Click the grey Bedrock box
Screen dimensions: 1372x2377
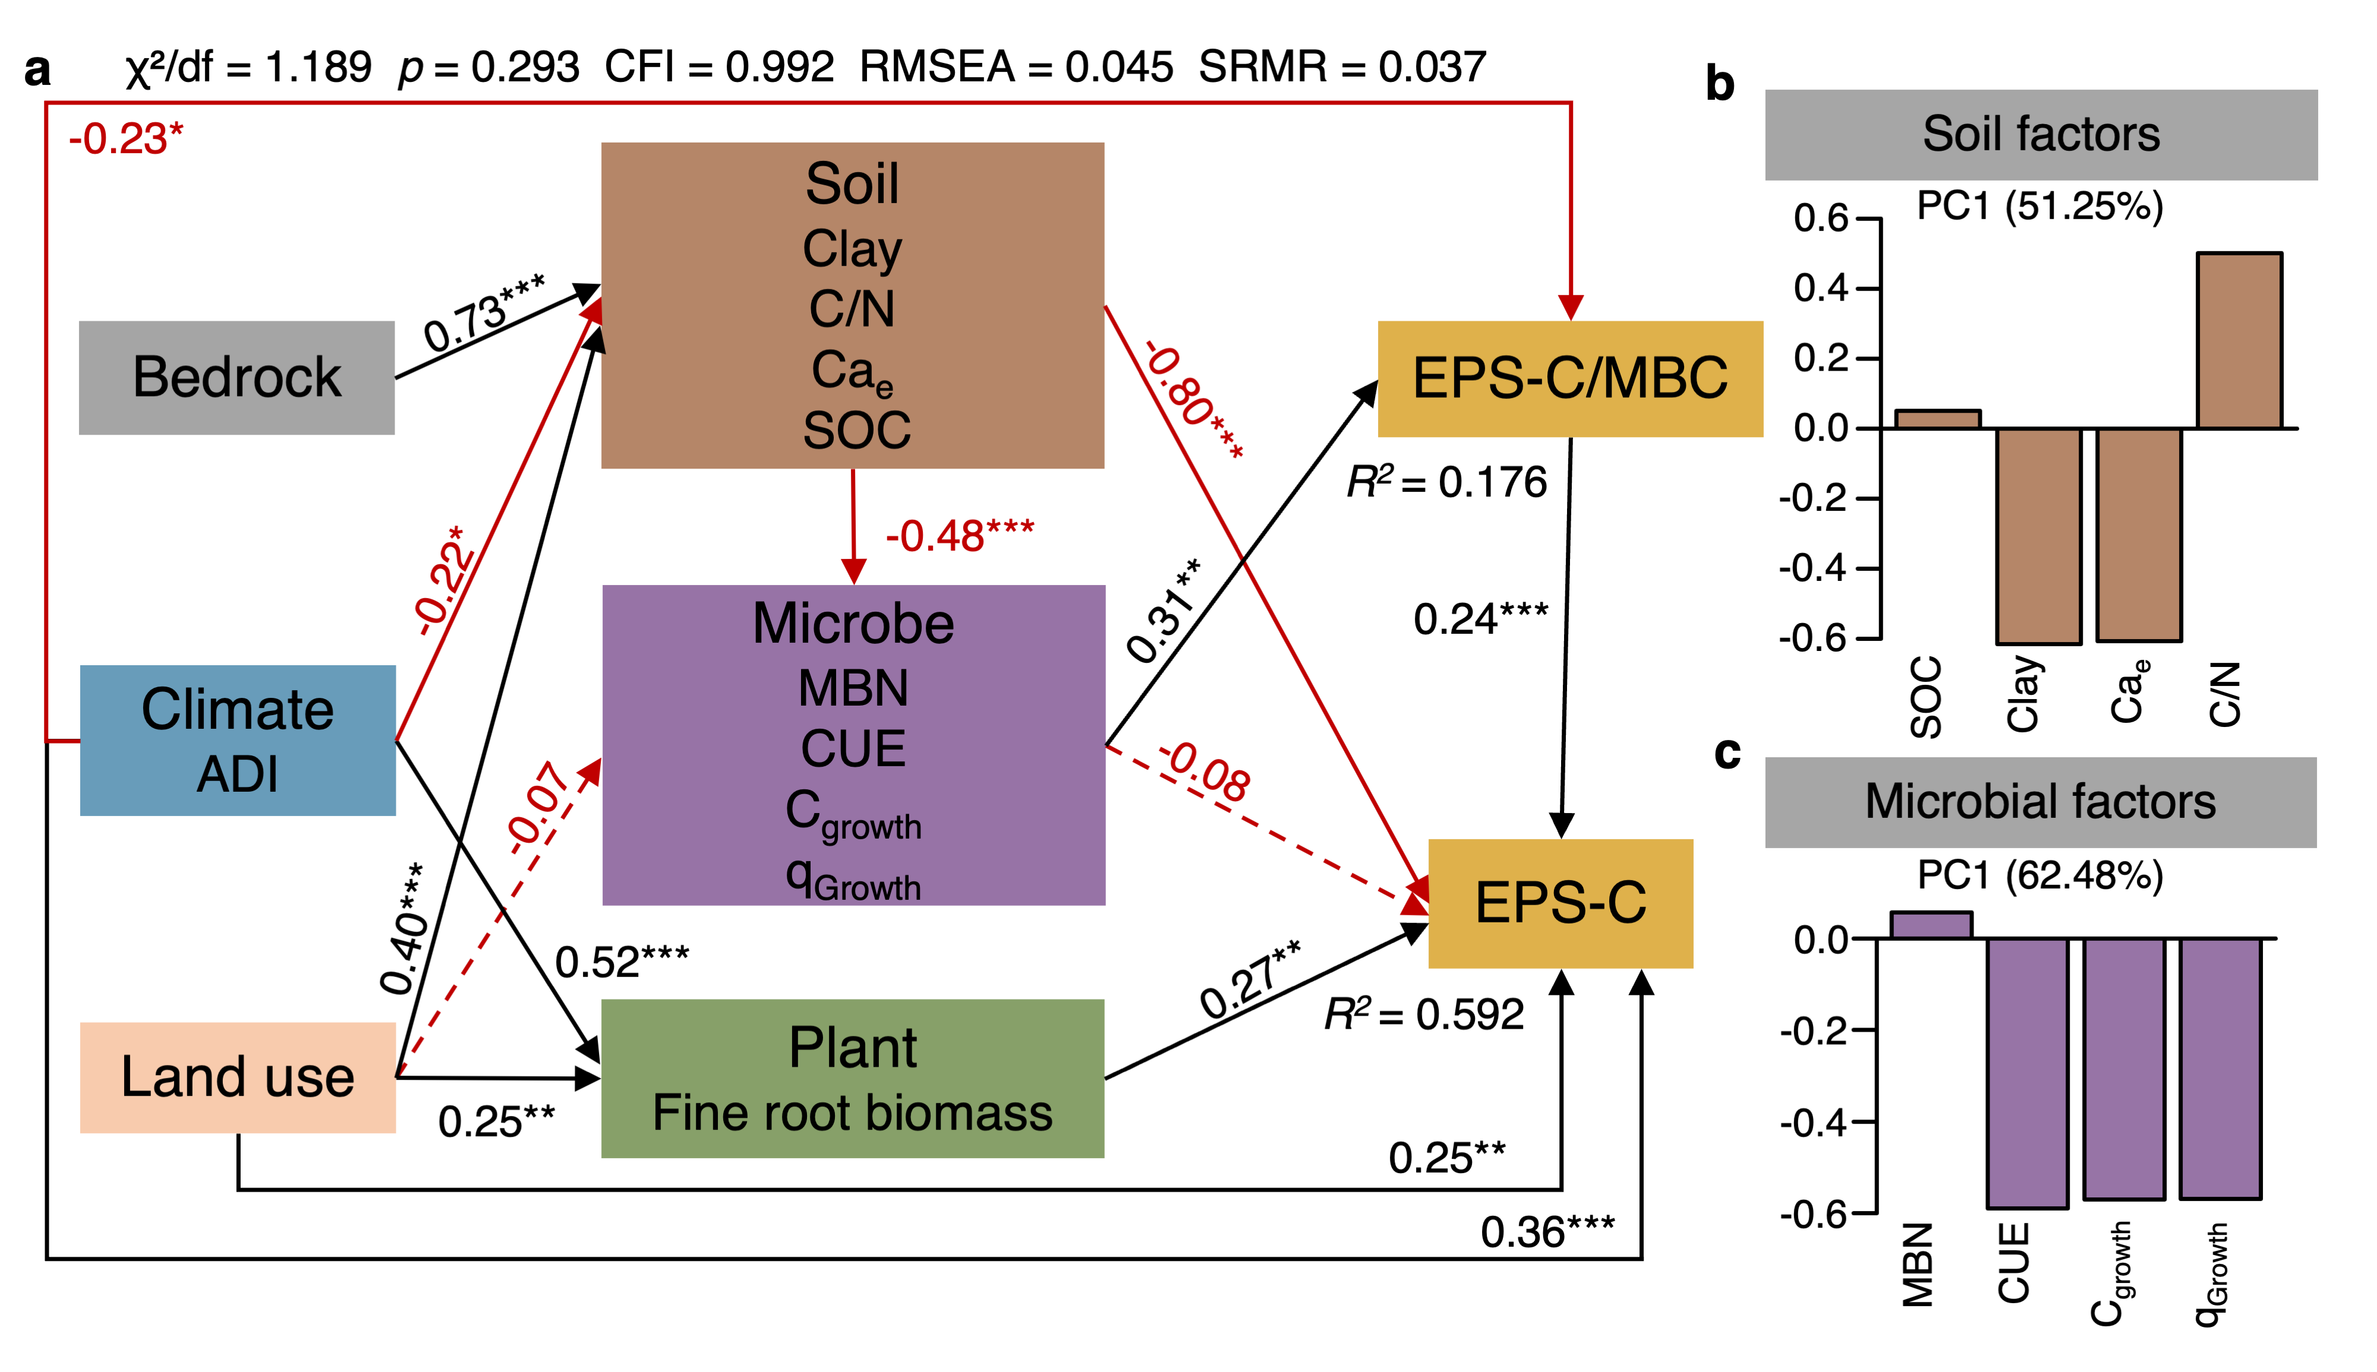point(236,377)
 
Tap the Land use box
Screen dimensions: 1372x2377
point(238,1076)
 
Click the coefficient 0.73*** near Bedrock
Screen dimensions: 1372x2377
point(484,312)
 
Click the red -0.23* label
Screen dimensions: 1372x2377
point(125,138)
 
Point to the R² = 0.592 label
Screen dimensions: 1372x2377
point(1423,1014)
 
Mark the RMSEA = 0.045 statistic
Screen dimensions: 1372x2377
point(1016,67)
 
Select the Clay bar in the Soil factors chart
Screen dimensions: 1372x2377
point(2038,535)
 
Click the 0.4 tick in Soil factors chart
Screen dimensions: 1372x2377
point(1820,287)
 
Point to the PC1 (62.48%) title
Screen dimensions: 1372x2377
point(2039,875)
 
